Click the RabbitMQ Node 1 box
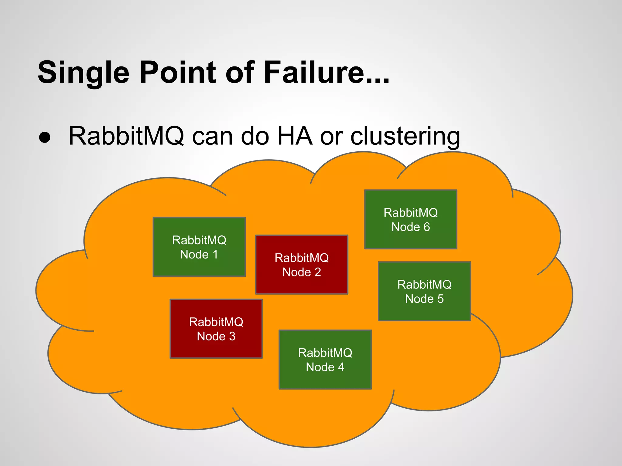pyautogui.click(x=199, y=247)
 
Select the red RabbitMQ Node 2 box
pyautogui.click(x=302, y=265)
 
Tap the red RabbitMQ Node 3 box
pyautogui.click(x=216, y=329)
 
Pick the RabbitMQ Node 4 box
pyautogui.click(x=325, y=360)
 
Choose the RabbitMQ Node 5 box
pyautogui.click(x=424, y=291)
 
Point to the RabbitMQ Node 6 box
pyautogui.click(x=411, y=219)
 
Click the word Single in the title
pyautogui.click(x=84, y=73)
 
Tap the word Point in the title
pyautogui.click(x=177, y=73)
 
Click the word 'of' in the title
pyautogui.click(x=240, y=73)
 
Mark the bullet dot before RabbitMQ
pyautogui.click(x=45, y=137)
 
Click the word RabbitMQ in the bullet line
pyautogui.click(x=126, y=136)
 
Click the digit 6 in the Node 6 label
pyautogui.click(x=427, y=227)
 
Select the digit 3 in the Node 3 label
pyautogui.click(x=232, y=336)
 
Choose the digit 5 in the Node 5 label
pyautogui.click(x=440, y=299)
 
